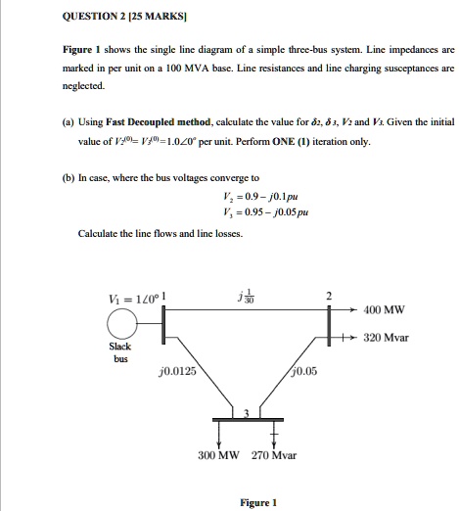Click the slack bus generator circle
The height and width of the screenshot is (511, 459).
point(122,322)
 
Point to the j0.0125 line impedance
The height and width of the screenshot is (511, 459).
point(176,371)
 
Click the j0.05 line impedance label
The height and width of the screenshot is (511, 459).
point(305,371)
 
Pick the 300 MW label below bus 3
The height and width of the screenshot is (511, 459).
point(218,455)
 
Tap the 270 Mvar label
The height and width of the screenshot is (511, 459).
point(275,455)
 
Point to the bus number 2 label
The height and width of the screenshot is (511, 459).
point(330,295)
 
